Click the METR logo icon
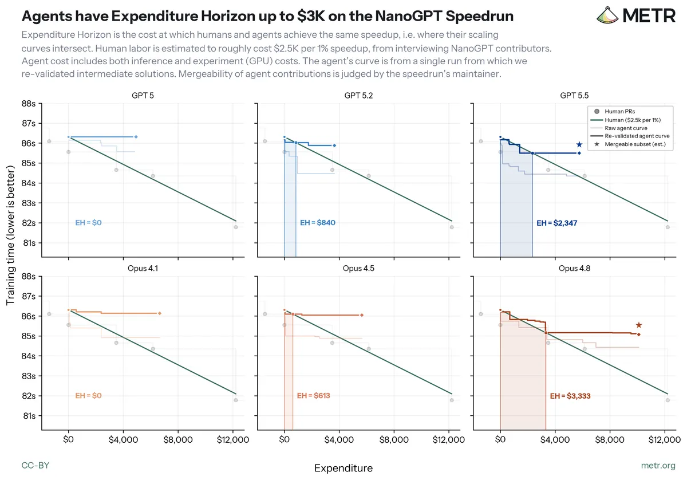607,15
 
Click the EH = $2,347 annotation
556,223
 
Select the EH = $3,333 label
570,396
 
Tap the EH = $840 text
317,222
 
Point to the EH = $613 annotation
314,395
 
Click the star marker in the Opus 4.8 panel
639,325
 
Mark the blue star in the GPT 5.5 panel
579,144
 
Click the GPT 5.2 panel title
358,96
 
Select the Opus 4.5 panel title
358,268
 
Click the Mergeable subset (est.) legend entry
630,144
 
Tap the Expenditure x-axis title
343,468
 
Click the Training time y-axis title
10,235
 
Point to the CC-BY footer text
35,466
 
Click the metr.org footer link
658,466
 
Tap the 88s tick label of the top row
29,104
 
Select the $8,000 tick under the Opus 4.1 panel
178,440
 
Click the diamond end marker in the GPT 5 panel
136,137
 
